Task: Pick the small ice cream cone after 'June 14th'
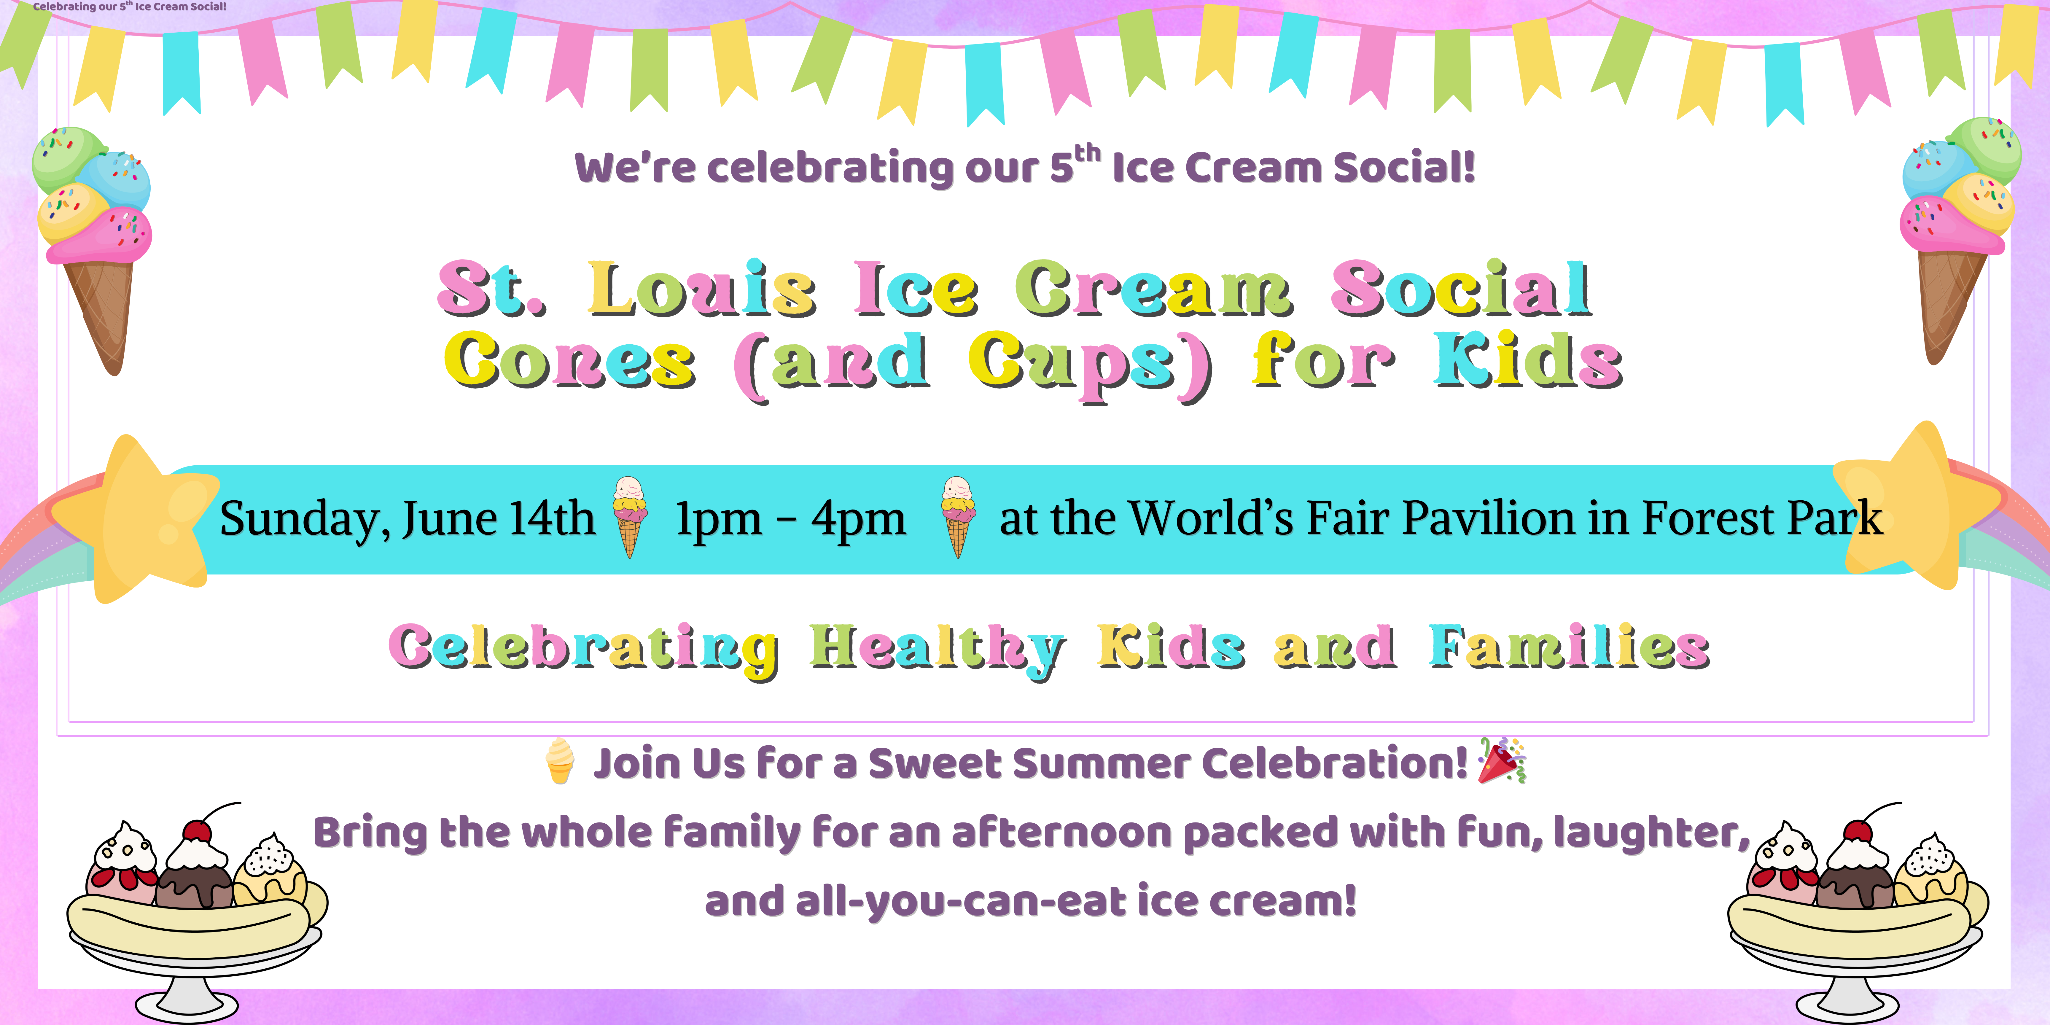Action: click(629, 517)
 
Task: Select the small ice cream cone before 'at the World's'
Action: click(957, 517)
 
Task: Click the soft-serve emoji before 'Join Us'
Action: click(560, 762)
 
